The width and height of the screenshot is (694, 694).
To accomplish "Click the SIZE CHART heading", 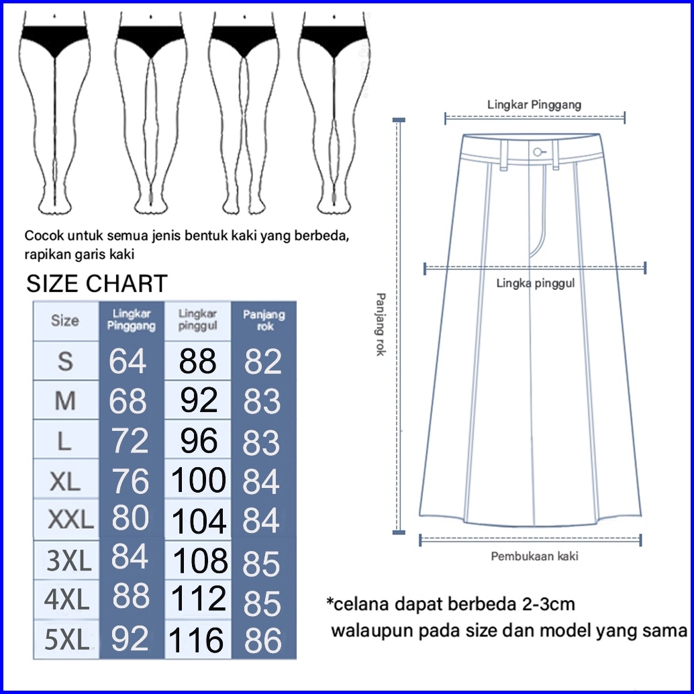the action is (97, 284).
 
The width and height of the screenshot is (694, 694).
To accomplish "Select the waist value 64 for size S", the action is (128, 362).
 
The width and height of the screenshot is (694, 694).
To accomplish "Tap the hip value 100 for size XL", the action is (199, 481).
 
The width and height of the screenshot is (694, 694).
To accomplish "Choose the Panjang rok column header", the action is (264, 320).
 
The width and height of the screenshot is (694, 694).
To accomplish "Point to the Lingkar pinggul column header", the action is (198, 320).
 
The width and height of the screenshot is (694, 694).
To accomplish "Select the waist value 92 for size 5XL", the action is (129, 638).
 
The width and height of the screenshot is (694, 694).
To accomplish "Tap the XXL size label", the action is (70, 520).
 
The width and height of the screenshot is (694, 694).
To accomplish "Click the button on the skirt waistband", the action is (537, 152).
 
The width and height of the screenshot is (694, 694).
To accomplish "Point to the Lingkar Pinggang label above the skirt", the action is (534, 105).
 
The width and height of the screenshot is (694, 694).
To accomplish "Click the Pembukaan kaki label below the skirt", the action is (534, 556).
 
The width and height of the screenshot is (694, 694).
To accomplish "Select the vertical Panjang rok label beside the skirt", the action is (380, 324).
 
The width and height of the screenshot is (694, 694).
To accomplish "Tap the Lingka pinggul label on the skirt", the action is (536, 283).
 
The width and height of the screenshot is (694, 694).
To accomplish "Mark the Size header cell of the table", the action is (65, 321).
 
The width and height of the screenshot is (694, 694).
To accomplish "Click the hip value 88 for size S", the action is (197, 362).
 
